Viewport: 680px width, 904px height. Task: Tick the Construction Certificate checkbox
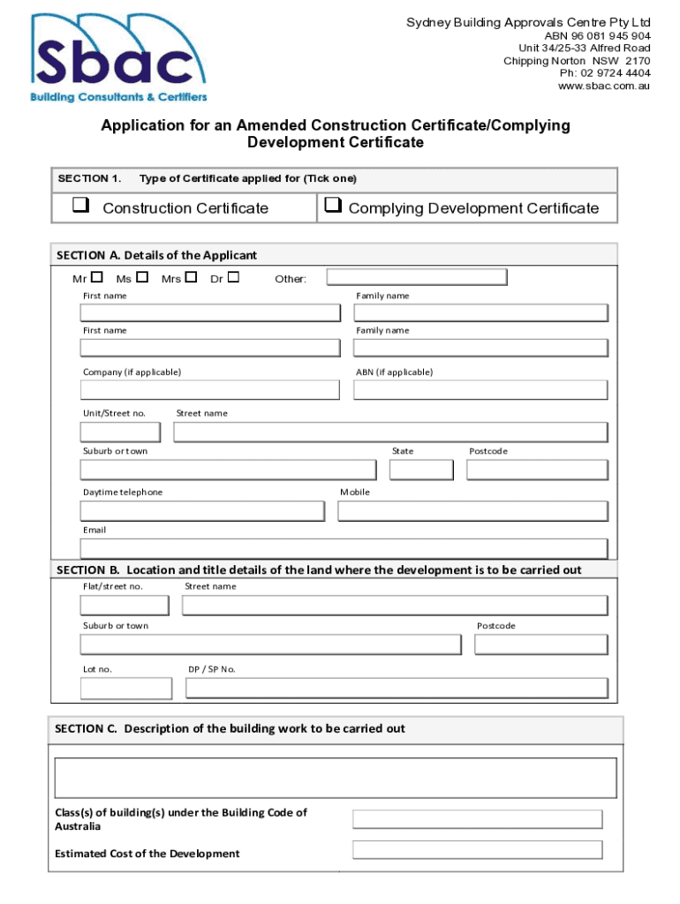(x=81, y=207)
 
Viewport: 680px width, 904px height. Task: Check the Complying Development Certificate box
(x=333, y=207)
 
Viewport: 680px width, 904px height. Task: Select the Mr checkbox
(x=96, y=278)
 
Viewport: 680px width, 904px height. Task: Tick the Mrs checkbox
(x=191, y=278)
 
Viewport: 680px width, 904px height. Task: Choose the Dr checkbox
(x=233, y=278)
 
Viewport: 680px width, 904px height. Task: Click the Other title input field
(x=417, y=278)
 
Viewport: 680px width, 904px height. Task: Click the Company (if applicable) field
(x=210, y=390)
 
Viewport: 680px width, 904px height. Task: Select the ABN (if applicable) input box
(x=480, y=390)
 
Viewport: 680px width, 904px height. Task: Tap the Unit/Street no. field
(x=120, y=432)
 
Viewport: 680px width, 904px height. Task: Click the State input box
(x=421, y=470)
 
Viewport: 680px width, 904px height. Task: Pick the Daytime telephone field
(x=202, y=511)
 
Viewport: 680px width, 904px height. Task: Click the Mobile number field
(x=472, y=511)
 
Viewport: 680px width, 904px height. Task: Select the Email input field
(x=344, y=549)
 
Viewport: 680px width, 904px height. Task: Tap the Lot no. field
(x=126, y=689)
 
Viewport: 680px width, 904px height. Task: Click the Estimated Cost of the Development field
(x=477, y=850)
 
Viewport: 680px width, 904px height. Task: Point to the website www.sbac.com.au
(x=604, y=86)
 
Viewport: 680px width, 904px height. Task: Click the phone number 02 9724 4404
(x=615, y=73)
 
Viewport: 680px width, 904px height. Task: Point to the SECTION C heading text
(x=230, y=729)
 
